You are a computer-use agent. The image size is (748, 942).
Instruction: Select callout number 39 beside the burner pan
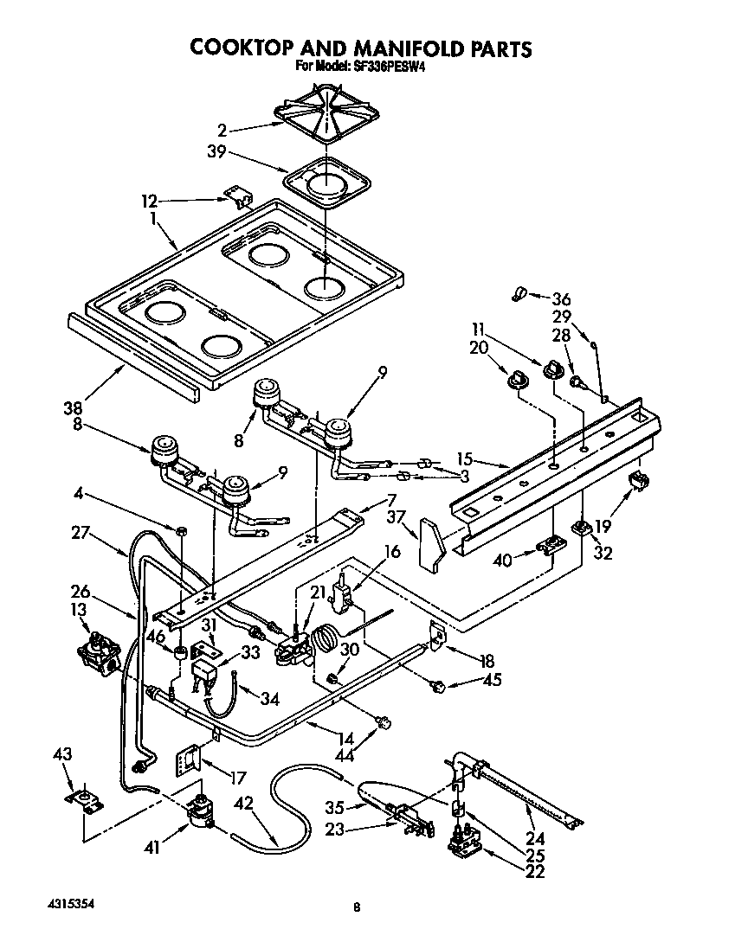coord(217,152)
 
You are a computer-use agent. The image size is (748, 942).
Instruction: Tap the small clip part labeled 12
coord(236,197)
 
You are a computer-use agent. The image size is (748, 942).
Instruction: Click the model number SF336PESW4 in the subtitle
coord(385,65)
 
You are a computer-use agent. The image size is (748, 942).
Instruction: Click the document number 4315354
coord(69,902)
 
